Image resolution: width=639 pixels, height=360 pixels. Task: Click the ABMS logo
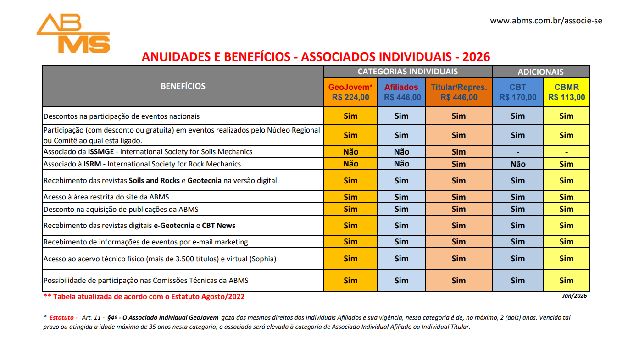(73, 33)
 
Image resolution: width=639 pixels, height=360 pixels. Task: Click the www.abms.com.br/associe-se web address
(546, 21)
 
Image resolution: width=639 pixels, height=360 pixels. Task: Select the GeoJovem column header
(350, 92)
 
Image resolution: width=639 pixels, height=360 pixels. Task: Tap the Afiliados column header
(401, 92)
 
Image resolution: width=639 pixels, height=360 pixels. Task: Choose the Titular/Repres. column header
(459, 92)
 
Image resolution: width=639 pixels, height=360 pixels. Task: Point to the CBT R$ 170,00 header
(517, 92)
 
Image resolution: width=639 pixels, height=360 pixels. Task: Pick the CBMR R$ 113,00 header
(567, 92)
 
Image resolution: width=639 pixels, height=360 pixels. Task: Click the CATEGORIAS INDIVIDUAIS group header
(407, 72)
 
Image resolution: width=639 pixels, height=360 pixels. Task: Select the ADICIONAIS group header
(540, 72)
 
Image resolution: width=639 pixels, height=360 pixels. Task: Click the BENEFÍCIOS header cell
(183, 86)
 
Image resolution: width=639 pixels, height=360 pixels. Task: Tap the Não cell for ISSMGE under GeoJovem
(350, 152)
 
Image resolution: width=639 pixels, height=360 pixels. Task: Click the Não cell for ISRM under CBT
(517, 164)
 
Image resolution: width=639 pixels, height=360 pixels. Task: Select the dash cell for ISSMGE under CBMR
(567, 152)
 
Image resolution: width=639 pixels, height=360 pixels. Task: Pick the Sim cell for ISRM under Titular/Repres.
(459, 164)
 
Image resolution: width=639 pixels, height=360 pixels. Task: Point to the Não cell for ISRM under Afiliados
(401, 164)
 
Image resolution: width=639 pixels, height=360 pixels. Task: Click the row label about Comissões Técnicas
(146, 281)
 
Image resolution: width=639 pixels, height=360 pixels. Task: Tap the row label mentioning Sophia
(160, 259)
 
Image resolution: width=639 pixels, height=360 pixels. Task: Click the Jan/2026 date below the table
(574, 296)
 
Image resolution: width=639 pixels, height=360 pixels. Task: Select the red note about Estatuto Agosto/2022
(144, 297)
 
